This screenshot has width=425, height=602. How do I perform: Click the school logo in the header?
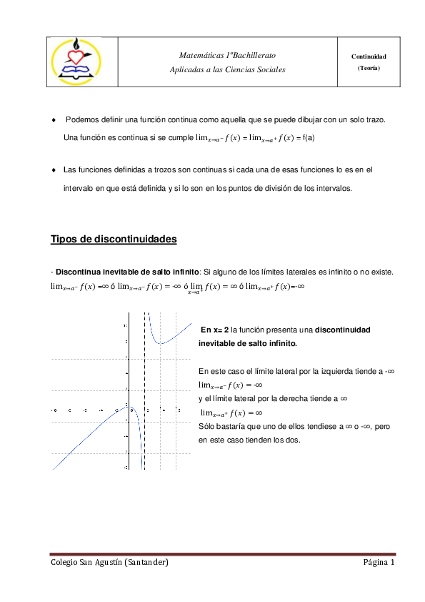click(75, 61)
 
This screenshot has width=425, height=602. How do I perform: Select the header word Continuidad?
click(369, 56)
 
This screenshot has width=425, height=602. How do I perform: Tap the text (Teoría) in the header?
click(369, 67)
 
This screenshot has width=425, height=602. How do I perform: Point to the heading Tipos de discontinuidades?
click(114, 239)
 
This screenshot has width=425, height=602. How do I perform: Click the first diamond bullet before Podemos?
click(54, 120)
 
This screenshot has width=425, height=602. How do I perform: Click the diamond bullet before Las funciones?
click(54, 170)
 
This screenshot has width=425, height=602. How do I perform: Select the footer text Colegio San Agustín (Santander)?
click(109, 562)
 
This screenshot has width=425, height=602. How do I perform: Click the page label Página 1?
click(379, 562)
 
